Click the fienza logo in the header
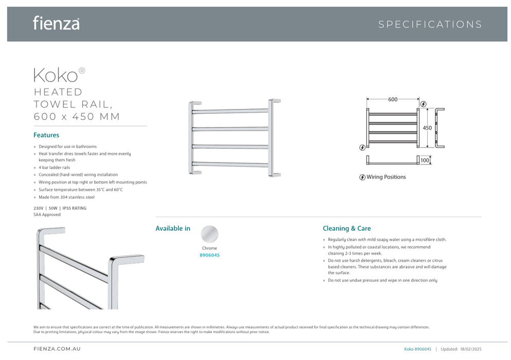tap(56, 23)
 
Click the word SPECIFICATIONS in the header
tap(430, 24)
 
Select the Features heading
tap(46, 135)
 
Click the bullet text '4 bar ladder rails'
tap(54, 168)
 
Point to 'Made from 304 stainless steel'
tap(66, 197)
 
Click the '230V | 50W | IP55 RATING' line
tap(60, 208)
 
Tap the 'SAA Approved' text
tap(47, 215)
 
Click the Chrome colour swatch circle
tap(209, 235)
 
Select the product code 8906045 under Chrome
tap(209, 255)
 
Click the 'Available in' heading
tap(173, 228)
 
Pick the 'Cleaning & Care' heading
tap(346, 228)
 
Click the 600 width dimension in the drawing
tap(393, 100)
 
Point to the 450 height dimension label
tap(428, 128)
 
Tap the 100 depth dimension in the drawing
tap(425, 160)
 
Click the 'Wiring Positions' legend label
tap(386, 177)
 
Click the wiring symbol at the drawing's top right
tap(423, 104)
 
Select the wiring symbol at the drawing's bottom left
tap(362, 148)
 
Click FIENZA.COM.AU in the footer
tap(57, 349)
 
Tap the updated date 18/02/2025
tap(471, 349)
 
